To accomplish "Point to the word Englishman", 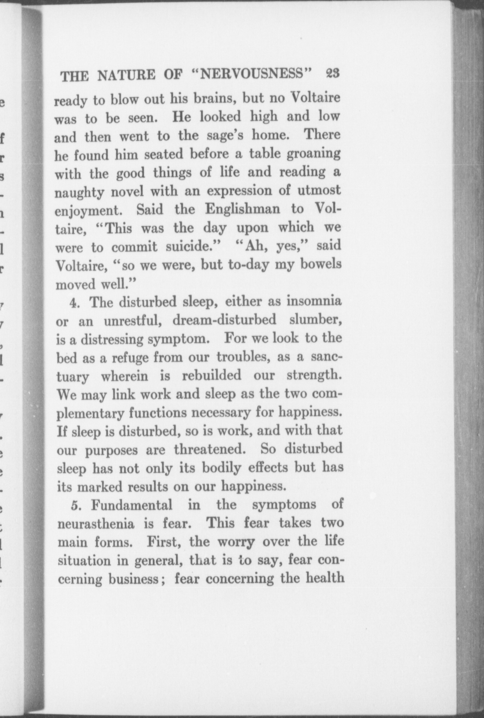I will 243,209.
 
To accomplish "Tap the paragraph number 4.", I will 74,303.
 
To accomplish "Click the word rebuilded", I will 211,375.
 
